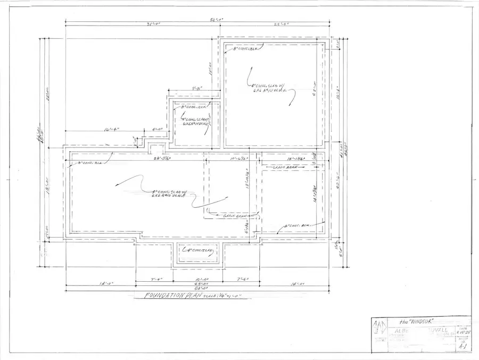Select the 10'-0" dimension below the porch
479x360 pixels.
[198, 278]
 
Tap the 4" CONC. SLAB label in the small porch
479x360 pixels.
[198, 250]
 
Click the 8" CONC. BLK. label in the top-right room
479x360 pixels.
[246, 49]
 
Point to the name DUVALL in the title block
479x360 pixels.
[436, 330]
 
